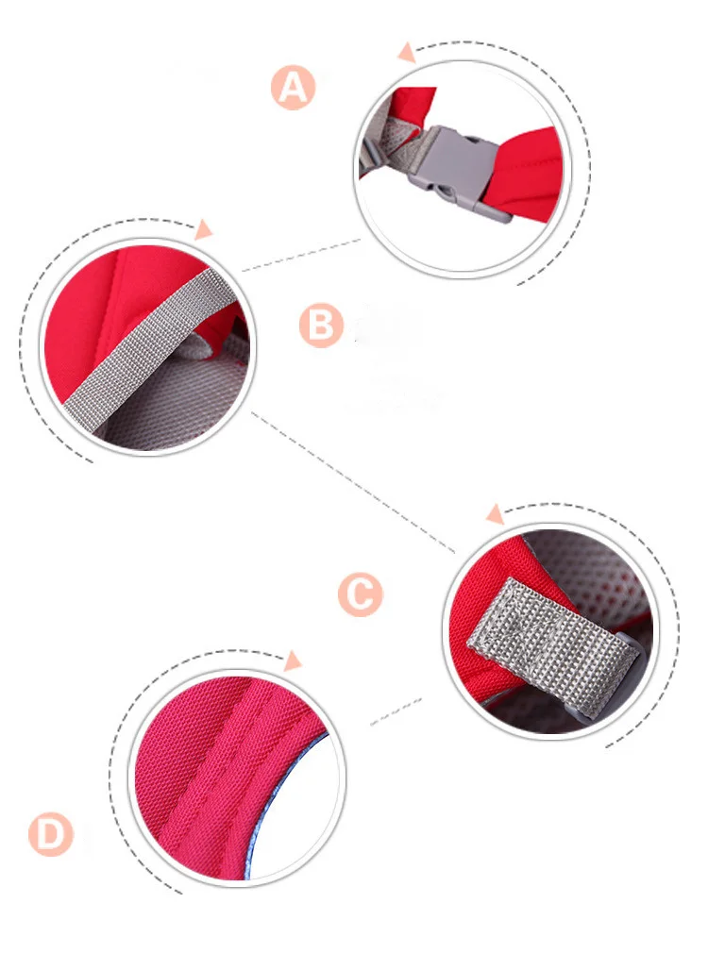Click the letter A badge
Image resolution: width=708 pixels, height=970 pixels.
click(293, 87)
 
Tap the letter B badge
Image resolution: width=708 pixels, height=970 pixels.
click(321, 325)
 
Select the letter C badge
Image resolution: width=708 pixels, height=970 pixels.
click(361, 594)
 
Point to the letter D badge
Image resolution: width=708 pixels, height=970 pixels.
click(51, 834)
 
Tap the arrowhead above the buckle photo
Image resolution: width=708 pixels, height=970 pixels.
click(407, 52)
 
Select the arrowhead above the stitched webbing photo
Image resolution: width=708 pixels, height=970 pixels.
click(495, 514)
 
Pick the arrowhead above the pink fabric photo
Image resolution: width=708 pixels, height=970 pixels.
click(292, 661)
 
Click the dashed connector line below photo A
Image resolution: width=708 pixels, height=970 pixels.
click(301, 254)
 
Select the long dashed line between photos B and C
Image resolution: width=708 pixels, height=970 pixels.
click(353, 482)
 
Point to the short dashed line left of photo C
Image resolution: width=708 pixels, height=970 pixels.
click(396, 711)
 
